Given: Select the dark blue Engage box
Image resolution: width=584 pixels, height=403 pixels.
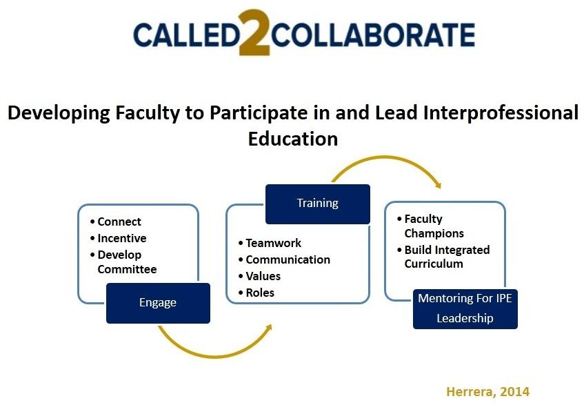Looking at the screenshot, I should pyautogui.click(x=158, y=302).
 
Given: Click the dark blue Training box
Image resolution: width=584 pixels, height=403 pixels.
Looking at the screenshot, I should pyautogui.click(x=317, y=203).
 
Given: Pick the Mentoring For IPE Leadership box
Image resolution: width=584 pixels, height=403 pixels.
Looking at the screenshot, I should pyautogui.click(x=465, y=308).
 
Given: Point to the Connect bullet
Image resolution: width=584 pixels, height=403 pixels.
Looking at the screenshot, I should pyautogui.click(x=119, y=222).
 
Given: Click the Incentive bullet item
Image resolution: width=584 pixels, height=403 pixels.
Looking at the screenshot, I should pyautogui.click(x=121, y=238).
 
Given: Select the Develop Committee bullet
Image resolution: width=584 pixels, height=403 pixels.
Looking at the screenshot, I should pyautogui.click(x=126, y=262).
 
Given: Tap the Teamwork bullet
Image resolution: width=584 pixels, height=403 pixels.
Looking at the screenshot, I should pyautogui.click(x=273, y=243).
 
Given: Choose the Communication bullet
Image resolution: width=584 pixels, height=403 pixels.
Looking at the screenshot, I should pyautogui.click(x=288, y=259).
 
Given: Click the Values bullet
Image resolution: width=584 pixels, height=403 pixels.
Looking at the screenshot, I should pyautogui.click(x=263, y=276).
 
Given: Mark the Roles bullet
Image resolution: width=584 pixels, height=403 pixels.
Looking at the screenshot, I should pyautogui.click(x=259, y=293).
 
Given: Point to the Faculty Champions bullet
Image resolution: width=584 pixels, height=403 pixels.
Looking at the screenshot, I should pyautogui.click(x=434, y=226).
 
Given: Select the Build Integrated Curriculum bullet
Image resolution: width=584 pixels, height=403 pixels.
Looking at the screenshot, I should pyautogui.click(x=446, y=257).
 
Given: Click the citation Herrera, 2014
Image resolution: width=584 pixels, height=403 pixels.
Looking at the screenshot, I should pyautogui.click(x=487, y=391).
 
